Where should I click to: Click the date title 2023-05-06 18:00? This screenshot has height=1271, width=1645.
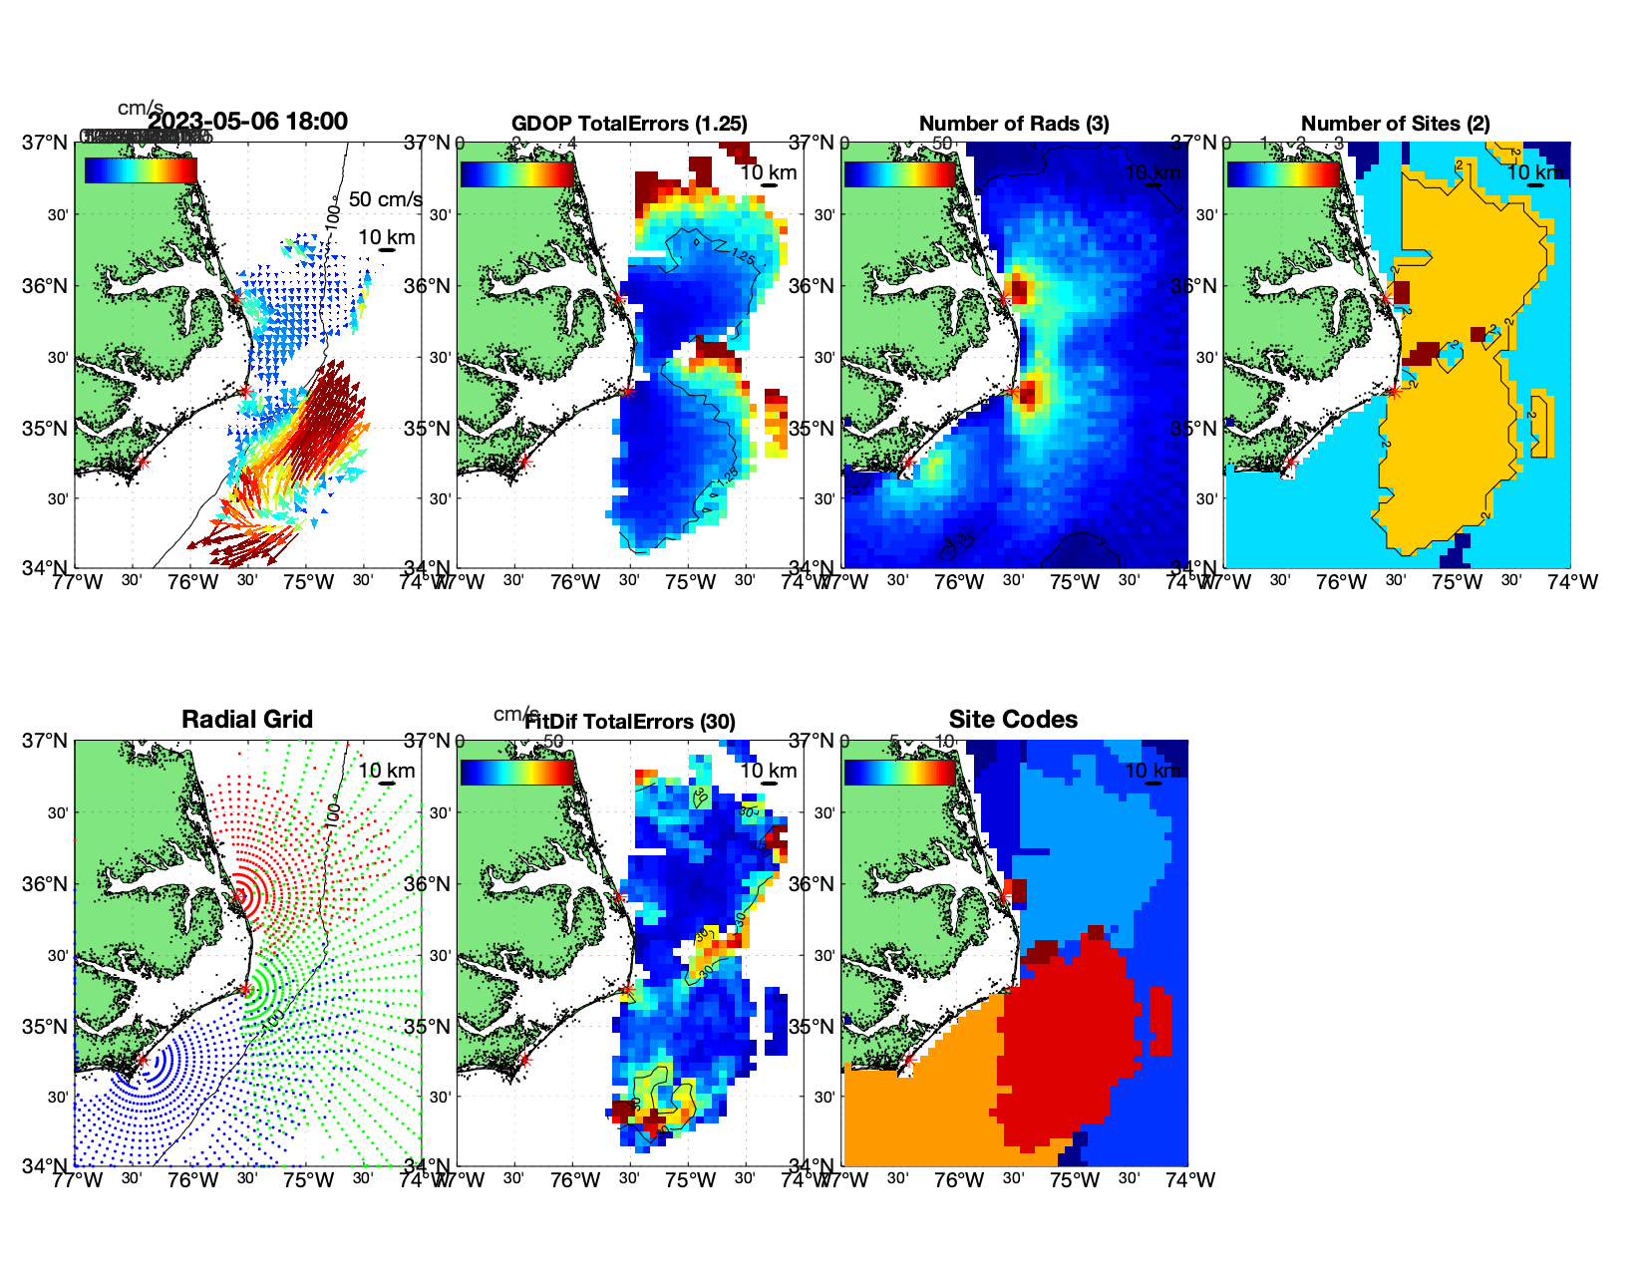pyautogui.click(x=247, y=122)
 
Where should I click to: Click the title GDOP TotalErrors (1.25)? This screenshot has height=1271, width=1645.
pyautogui.click(x=629, y=124)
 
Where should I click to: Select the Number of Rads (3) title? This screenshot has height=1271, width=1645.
pyautogui.click(x=1014, y=124)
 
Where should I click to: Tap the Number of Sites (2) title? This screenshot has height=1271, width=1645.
pyautogui.click(x=1395, y=124)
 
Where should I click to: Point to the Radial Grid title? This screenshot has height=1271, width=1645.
pyautogui.click(x=247, y=720)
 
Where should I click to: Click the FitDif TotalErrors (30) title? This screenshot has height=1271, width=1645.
pyautogui.click(x=631, y=722)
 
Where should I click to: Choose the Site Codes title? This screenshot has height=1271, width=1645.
pyautogui.click(x=1013, y=720)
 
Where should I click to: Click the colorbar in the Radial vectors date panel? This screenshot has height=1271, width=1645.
pyautogui.click(x=141, y=170)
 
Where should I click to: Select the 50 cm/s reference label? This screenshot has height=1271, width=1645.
pyautogui.click(x=385, y=199)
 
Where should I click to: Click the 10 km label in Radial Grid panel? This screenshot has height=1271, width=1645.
pyautogui.click(x=387, y=771)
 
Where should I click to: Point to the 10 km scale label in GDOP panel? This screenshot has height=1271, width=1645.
pyautogui.click(x=768, y=172)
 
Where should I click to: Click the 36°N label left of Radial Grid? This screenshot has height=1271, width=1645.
pyautogui.click(x=47, y=884)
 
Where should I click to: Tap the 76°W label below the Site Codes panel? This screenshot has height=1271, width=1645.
pyautogui.click(x=959, y=1180)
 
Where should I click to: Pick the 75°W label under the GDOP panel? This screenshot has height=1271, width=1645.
pyautogui.click(x=691, y=582)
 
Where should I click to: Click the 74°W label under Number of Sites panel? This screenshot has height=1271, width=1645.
pyautogui.click(x=1572, y=582)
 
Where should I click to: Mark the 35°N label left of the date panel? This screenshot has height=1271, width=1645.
pyautogui.click(x=47, y=429)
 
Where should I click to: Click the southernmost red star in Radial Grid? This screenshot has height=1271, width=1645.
pyautogui.click(x=142, y=1060)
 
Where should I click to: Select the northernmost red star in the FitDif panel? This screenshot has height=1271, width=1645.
pyautogui.click(x=618, y=896)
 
